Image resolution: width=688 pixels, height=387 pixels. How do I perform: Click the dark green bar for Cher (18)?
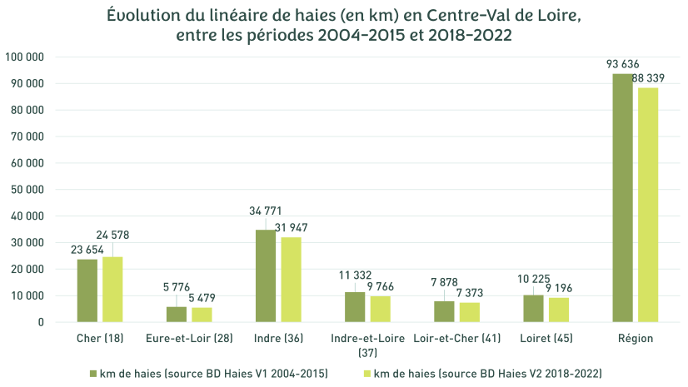(x=87, y=290)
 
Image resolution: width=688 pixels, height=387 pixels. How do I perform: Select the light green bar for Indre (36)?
(x=291, y=280)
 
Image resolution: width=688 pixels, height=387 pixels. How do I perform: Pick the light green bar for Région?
(x=648, y=205)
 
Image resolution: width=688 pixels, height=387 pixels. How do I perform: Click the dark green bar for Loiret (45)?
(x=534, y=308)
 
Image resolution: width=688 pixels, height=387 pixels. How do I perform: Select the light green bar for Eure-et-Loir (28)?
(x=202, y=315)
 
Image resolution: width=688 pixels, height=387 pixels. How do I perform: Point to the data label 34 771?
(x=266, y=211)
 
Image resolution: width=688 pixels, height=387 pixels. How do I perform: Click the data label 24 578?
(x=112, y=236)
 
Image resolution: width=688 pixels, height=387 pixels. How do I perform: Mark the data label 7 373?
(x=469, y=293)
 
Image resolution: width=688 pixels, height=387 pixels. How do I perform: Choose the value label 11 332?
(x=356, y=275)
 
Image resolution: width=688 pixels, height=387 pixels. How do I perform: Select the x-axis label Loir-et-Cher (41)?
(x=456, y=339)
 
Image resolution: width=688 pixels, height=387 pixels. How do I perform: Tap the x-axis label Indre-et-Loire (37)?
(x=367, y=345)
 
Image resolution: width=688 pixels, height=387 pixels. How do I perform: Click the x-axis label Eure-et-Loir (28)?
(x=189, y=339)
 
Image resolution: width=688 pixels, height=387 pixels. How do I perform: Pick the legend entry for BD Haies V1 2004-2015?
(x=213, y=373)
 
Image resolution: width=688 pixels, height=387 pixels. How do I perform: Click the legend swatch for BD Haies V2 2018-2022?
(x=368, y=373)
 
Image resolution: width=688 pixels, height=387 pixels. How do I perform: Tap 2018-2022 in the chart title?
(x=462, y=36)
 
